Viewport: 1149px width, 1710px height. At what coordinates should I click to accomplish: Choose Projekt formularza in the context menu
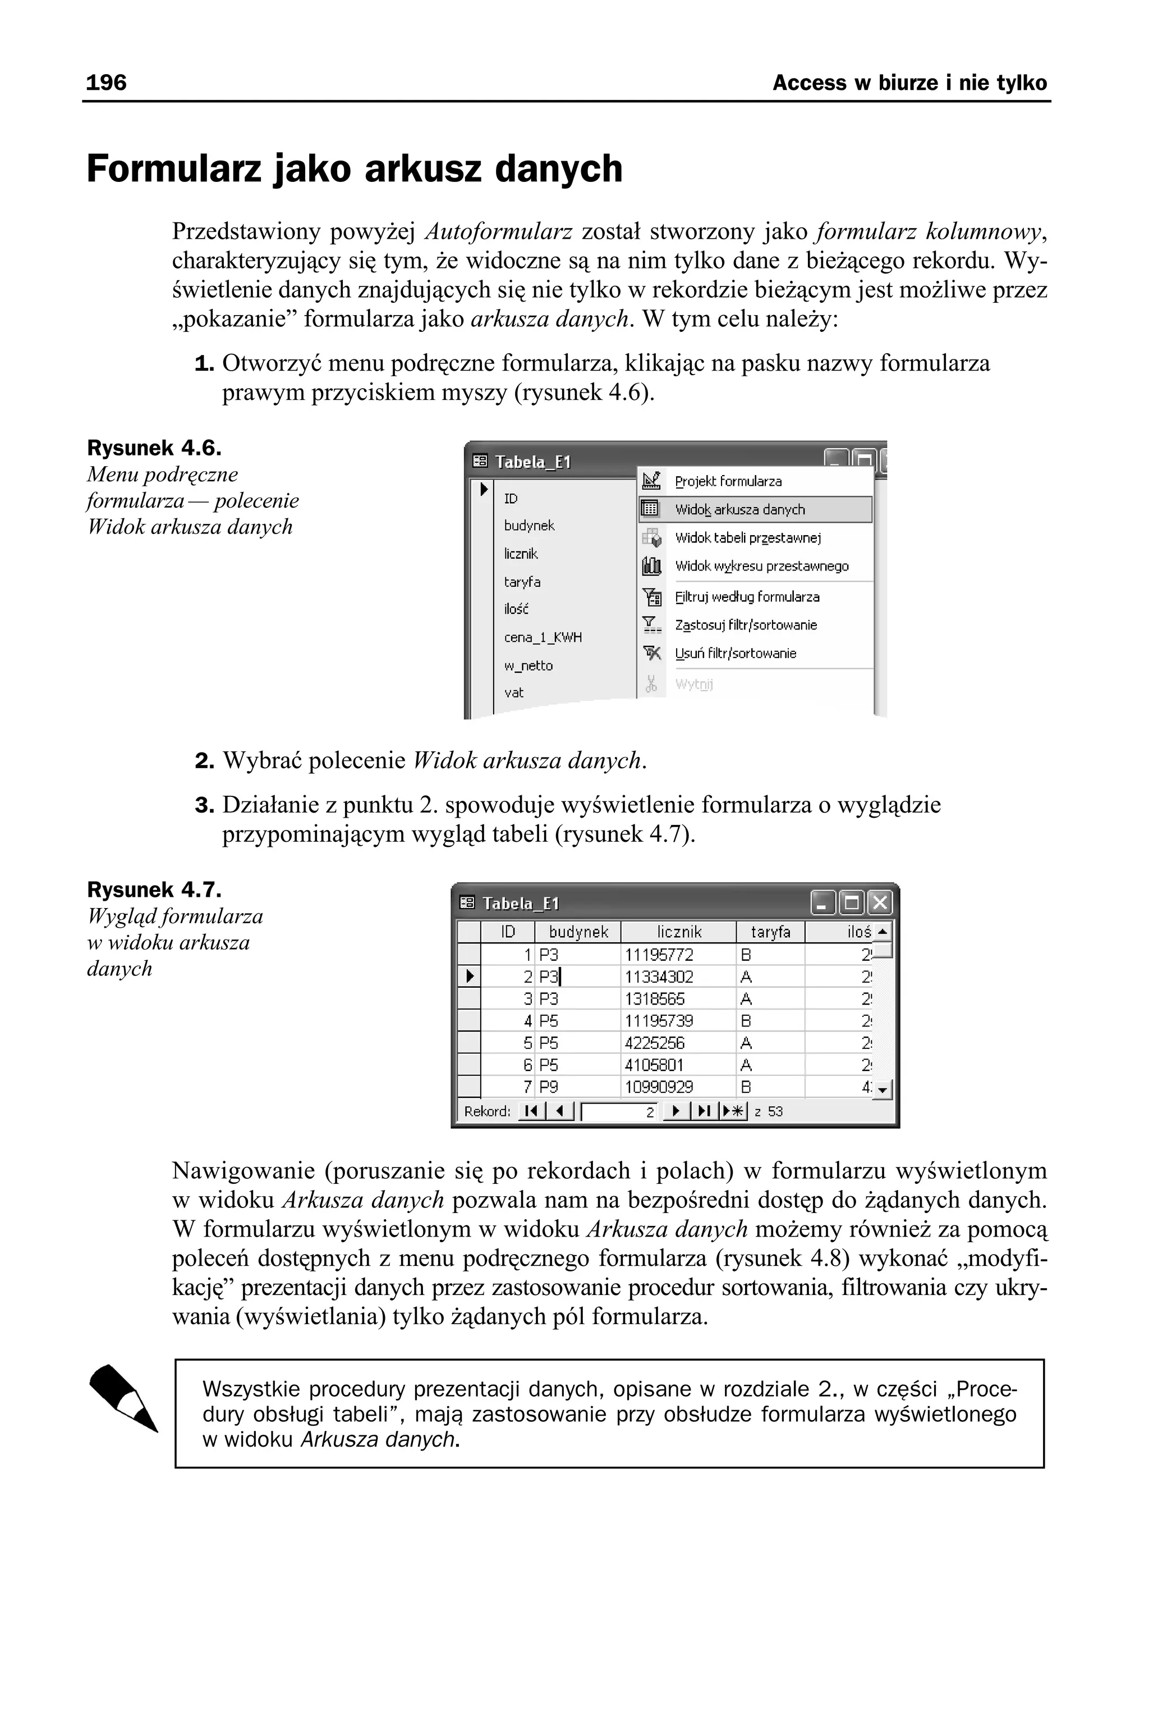click(x=728, y=482)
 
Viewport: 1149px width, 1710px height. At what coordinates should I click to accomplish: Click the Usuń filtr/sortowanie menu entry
click(x=735, y=653)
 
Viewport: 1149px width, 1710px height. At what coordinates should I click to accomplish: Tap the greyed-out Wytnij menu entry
click(x=693, y=684)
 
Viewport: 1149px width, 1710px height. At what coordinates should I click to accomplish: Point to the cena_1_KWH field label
click(x=543, y=637)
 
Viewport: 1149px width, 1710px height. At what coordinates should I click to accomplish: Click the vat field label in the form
click(x=514, y=692)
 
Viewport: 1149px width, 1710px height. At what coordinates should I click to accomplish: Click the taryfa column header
click(x=770, y=932)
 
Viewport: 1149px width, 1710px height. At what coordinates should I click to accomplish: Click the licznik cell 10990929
click(x=658, y=1087)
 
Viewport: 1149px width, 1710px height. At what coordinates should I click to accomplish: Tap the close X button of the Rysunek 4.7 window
click(x=879, y=902)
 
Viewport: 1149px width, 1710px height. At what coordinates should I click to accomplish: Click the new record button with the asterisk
click(x=733, y=1111)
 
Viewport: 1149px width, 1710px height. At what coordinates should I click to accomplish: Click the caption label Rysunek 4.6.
click(x=154, y=448)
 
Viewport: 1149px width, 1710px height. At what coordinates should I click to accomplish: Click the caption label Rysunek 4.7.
click(x=154, y=890)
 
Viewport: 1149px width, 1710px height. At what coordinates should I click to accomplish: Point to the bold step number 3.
click(x=204, y=805)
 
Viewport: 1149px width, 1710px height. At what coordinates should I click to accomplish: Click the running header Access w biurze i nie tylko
click(x=909, y=83)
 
